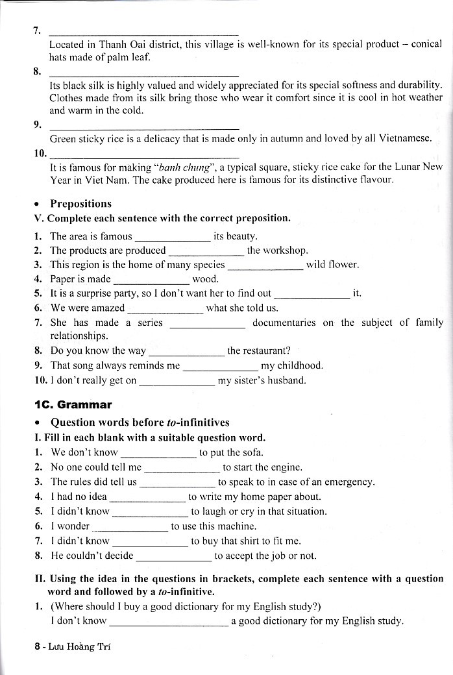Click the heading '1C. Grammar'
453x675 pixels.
pyautogui.click(x=73, y=405)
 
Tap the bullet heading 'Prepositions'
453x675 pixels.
pyautogui.click(x=80, y=204)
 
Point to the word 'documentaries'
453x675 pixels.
pyautogui.click(x=284, y=323)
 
